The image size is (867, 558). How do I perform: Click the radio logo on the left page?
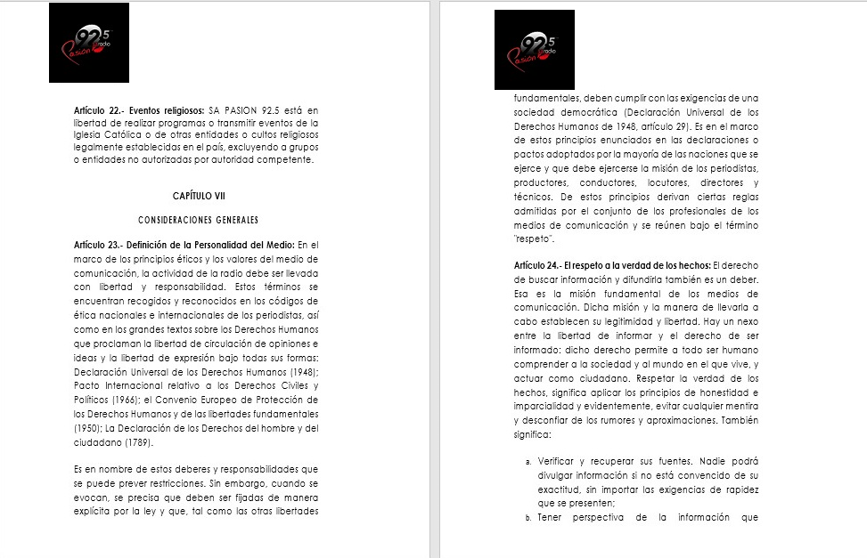(x=89, y=43)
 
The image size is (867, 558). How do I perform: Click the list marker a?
(x=529, y=462)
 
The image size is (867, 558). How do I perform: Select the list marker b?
(x=529, y=517)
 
